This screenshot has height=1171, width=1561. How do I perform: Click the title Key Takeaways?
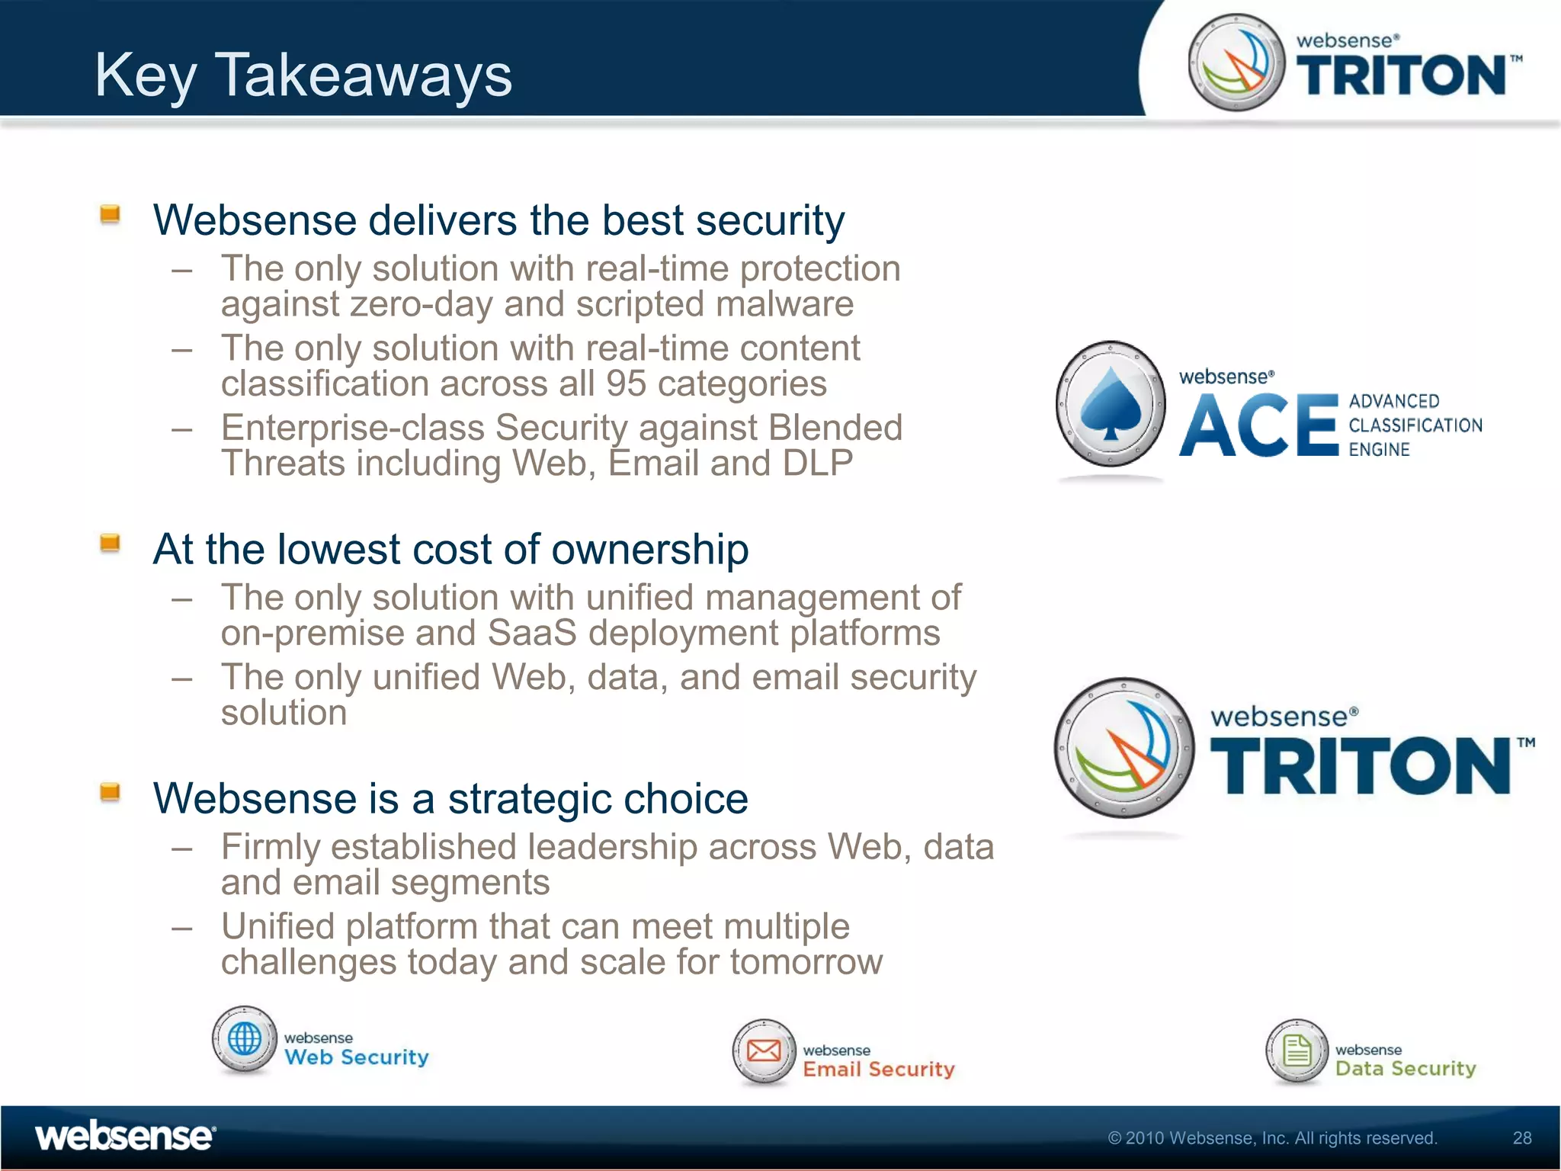[303, 75]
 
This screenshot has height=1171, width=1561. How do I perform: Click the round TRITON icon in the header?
[1236, 63]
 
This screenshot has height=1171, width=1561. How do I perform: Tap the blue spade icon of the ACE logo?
[1111, 403]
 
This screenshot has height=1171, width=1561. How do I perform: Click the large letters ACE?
[1258, 425]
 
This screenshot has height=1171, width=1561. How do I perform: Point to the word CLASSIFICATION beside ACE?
[1415, 425]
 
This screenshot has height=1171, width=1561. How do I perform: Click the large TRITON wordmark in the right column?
[1361, 766]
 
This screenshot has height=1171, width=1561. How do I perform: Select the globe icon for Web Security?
[245, 1039]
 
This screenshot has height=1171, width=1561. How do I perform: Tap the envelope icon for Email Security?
[764, 1051]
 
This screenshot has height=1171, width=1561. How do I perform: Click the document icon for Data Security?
[1297, 1051]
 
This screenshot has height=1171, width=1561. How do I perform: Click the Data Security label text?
[1406, 1068]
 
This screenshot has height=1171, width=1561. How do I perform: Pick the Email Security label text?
[878, 1069]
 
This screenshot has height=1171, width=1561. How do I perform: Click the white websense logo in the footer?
[126, 1137]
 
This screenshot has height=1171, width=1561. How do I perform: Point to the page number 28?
[1521, 1138]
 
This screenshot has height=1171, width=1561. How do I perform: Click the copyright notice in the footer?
[1271, 1138]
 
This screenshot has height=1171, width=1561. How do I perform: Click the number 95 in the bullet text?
[626, 383]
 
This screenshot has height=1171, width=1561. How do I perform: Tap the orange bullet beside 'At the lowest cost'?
[111, 543]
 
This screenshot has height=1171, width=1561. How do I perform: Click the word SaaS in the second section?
[531, 633]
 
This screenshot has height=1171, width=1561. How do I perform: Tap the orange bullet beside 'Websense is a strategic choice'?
[111, 792]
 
